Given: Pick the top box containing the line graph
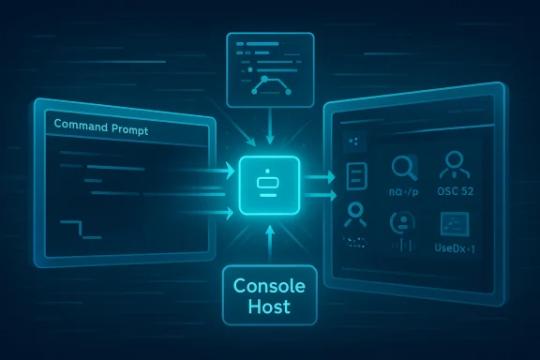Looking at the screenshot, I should (x=270, y=67).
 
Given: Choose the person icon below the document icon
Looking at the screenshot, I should (x=355, y=215).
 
